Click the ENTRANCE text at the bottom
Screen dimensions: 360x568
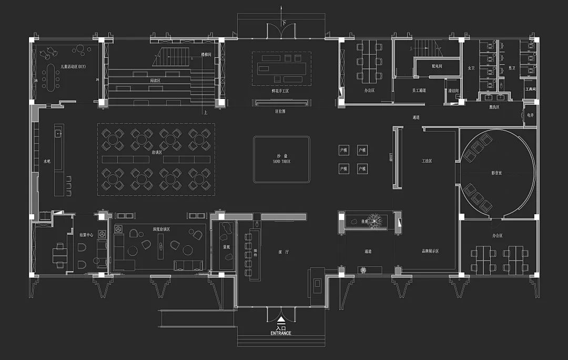click(x=281, y=333)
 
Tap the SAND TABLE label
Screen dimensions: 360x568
click(x=281, y=162)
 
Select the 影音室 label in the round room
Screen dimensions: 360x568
click(x=497, y=172)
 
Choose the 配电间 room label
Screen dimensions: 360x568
click(x=437, y=66)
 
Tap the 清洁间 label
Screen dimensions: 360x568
click(x=454, y=91)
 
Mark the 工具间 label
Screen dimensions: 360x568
click(x=530, y=89)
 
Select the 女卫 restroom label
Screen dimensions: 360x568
click(x=471, y=68)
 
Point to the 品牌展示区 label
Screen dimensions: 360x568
click(x=430, y=252)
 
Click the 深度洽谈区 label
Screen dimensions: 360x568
click(x=161, y=227)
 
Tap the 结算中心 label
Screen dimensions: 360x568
click(x=86, y=235)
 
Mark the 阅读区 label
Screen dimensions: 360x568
click(x=156, y=81)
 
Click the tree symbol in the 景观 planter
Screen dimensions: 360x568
click(x=377, y=221)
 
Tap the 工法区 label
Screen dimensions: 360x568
click(x=427, y=161)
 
